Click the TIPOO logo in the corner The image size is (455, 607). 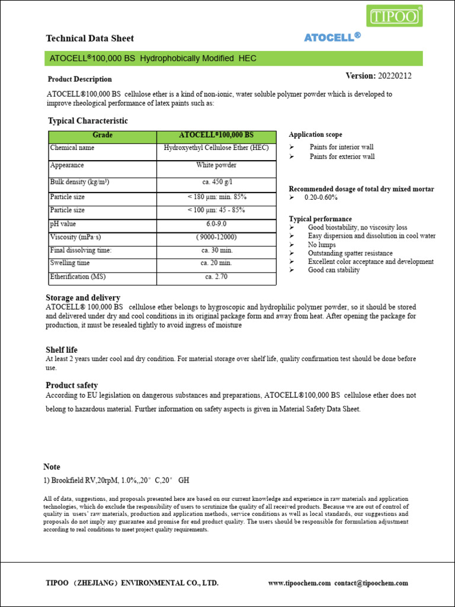point(395,16)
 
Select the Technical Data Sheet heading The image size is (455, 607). point(90,39)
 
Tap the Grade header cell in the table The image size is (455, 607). point(102,135)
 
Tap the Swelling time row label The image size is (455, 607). point(70,263)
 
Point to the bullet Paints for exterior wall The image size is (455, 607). point(342,157)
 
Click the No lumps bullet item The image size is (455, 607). point(322,245)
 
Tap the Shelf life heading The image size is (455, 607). point(62,350)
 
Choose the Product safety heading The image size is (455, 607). point(72,385)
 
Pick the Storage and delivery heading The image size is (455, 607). point(83,298)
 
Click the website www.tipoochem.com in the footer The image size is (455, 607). point(299,583)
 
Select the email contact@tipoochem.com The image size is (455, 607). point(371,583)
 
